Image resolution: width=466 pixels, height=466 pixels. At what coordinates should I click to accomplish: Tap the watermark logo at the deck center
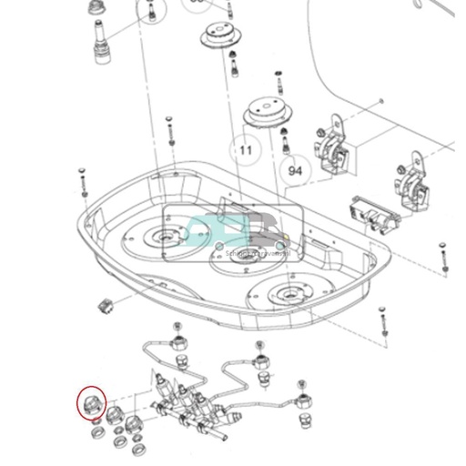coord(231,233)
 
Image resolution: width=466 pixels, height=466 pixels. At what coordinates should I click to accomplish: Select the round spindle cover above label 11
coord(270,116)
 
